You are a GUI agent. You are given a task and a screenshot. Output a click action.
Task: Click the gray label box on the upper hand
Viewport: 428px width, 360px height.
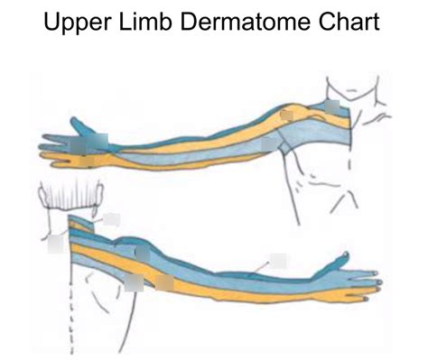pos(93,142)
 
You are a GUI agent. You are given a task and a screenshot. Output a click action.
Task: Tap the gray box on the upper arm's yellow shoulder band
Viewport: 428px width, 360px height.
pos(286,115)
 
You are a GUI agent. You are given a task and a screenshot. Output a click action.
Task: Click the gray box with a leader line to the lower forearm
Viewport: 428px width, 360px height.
pos(277,260)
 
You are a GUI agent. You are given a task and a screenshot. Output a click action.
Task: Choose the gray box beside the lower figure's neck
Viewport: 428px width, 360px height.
pos(111,218)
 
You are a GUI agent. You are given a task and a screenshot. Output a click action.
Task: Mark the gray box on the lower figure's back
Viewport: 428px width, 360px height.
pos(56,244)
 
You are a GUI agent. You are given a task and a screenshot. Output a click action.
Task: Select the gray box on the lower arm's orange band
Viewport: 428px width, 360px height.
pos(163,282)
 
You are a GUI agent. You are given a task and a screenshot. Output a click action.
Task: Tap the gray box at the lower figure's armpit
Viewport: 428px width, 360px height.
pos(134,282)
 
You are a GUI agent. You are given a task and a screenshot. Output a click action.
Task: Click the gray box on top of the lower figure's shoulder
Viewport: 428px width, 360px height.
pos(142,254)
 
